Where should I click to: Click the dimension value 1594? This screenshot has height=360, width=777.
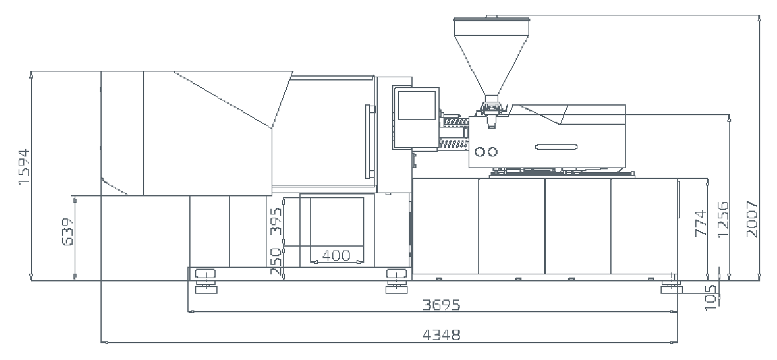(24, 167)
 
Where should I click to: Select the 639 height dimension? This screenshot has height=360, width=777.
(68, 232)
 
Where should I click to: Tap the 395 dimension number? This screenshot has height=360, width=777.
(276, 221)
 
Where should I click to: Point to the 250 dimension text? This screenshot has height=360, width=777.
(276, 261)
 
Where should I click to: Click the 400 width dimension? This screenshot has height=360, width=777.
(336, 256)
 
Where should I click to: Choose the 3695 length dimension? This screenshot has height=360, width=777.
(441, 305)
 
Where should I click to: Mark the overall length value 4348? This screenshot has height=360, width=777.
(441, 335)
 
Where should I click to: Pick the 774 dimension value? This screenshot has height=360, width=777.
(700, 223)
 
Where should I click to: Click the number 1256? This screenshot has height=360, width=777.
(723, 220)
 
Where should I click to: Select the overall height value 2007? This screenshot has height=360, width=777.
(752, 219)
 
